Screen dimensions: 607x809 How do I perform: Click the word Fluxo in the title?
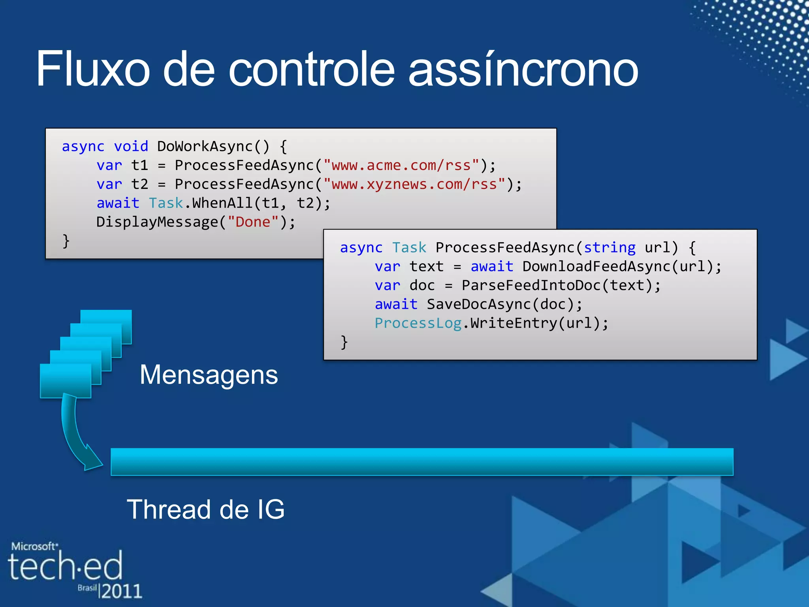point(93,69)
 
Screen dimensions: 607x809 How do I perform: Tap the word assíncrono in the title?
point(523,70)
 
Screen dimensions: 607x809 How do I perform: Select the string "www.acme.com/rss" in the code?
point(401,165)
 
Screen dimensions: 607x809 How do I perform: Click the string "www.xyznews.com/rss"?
point(414,184)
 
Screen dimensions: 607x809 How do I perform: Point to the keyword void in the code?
point(131,146)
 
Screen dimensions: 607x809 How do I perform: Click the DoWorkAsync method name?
point(205,146)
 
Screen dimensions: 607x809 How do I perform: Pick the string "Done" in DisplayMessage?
point(253,222)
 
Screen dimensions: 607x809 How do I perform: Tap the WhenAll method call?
point(222,203)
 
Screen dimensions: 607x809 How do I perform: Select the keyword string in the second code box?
point(610,247)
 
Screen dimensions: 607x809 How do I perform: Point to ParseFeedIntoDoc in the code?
point(531,285)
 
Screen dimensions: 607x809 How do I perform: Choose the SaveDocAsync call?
point(479,304)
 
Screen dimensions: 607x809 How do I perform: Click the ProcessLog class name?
point(418,323)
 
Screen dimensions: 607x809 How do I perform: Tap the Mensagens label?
point(209,375)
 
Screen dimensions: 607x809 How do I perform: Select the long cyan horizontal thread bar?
point(422,462)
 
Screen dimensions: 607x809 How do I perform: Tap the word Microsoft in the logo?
point(34,547)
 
